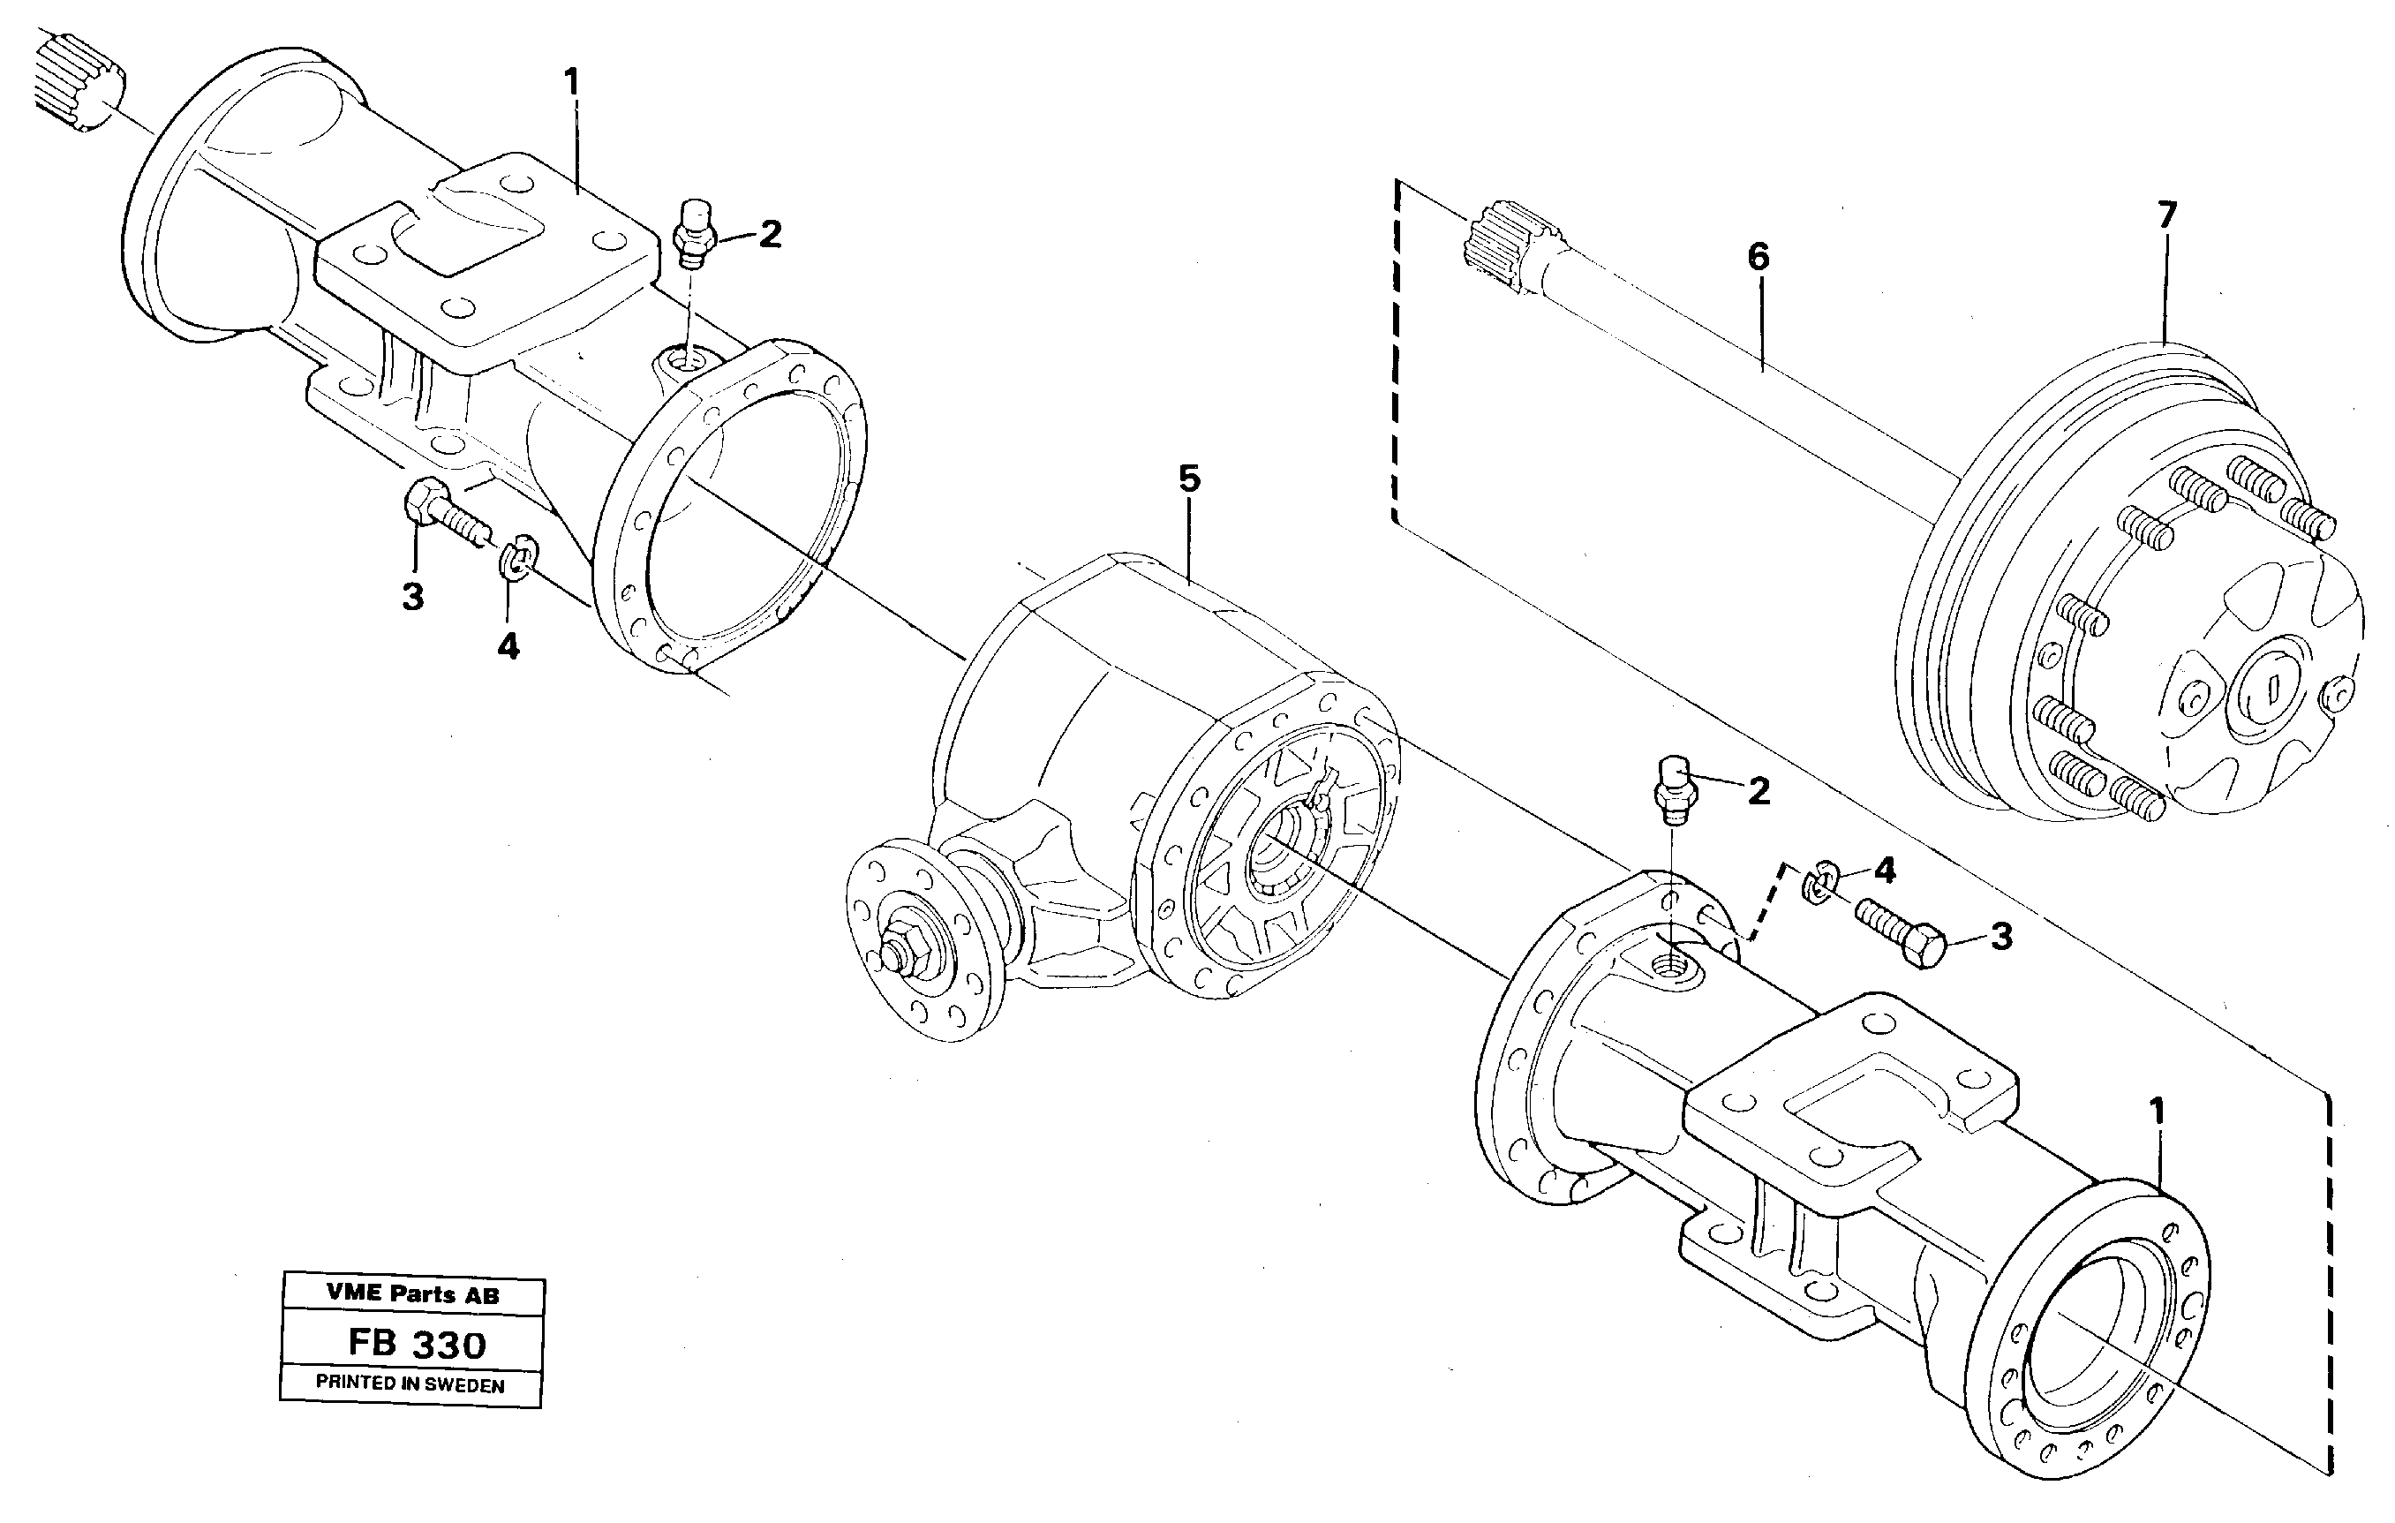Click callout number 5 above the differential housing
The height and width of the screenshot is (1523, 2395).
[x=1189, y=479]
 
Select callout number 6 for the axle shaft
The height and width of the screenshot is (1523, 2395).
[x=1759, y=257]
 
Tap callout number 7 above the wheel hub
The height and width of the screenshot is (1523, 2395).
[x=2167, y=215]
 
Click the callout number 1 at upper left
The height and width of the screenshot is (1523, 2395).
[x=571, y=80]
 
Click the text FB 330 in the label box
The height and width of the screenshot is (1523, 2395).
[x=417, y=1345]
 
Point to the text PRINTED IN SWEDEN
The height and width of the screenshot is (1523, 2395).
[x=410, y=1384]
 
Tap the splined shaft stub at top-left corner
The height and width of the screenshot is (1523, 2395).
[x=79, y=81]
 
